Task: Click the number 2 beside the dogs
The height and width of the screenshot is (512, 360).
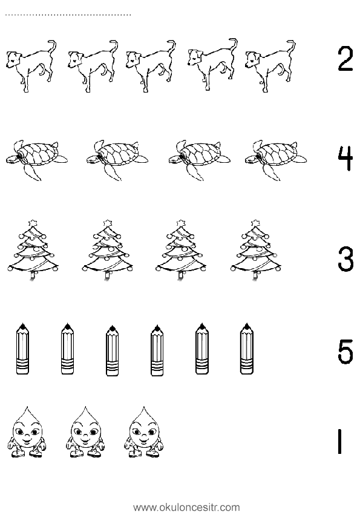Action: pos(345,59)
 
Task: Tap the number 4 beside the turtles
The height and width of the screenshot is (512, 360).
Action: pos(345,159)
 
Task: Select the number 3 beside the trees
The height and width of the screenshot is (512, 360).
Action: pos(345,259)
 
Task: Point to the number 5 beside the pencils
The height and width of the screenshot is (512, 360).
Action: pos(345,352)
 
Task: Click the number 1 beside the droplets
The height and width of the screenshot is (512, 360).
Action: pos(340,441)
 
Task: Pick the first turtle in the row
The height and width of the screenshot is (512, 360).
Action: pos(36,160)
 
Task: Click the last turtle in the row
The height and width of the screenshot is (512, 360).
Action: pos(276,160)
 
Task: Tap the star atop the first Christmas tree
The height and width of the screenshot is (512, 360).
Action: pos(33,223)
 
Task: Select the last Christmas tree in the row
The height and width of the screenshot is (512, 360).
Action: pos(255,251)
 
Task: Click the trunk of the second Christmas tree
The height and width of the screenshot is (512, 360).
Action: pos(106,275)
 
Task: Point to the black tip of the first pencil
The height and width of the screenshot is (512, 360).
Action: pos(22,326)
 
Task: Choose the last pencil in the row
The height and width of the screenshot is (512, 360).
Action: pos(247,349)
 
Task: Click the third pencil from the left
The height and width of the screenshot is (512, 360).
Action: pos(113,350)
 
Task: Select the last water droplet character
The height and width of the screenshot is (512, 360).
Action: pos(143,432)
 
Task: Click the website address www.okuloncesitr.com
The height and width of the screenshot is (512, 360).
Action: pos(187,507)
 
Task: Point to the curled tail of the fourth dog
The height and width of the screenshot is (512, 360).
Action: pos(233,44)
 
